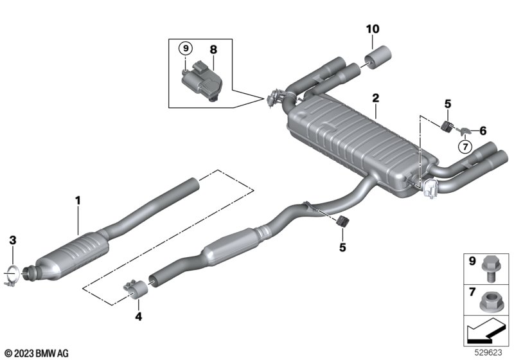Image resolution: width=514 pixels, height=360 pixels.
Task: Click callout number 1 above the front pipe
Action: coord(77,201)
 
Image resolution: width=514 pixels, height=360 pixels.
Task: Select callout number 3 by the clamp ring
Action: coord(12,240)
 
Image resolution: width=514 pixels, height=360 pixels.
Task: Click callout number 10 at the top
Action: coord(373,29)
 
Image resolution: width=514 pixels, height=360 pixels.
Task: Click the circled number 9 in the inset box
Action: coord(185,48)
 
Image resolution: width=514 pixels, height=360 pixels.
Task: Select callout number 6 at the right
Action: coord(483,130)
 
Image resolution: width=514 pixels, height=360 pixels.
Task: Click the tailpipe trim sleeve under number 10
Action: coord(378,56)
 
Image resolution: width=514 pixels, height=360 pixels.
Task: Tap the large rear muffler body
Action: coord(350,145)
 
